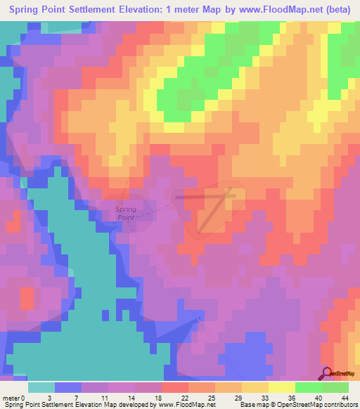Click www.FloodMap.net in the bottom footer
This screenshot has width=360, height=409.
click(x=186, y=404)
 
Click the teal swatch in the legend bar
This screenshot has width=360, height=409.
click(x=41, y=387)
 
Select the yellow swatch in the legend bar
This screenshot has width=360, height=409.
click(x=282, y=387)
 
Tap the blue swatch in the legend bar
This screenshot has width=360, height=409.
click(x=68, y=387)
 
